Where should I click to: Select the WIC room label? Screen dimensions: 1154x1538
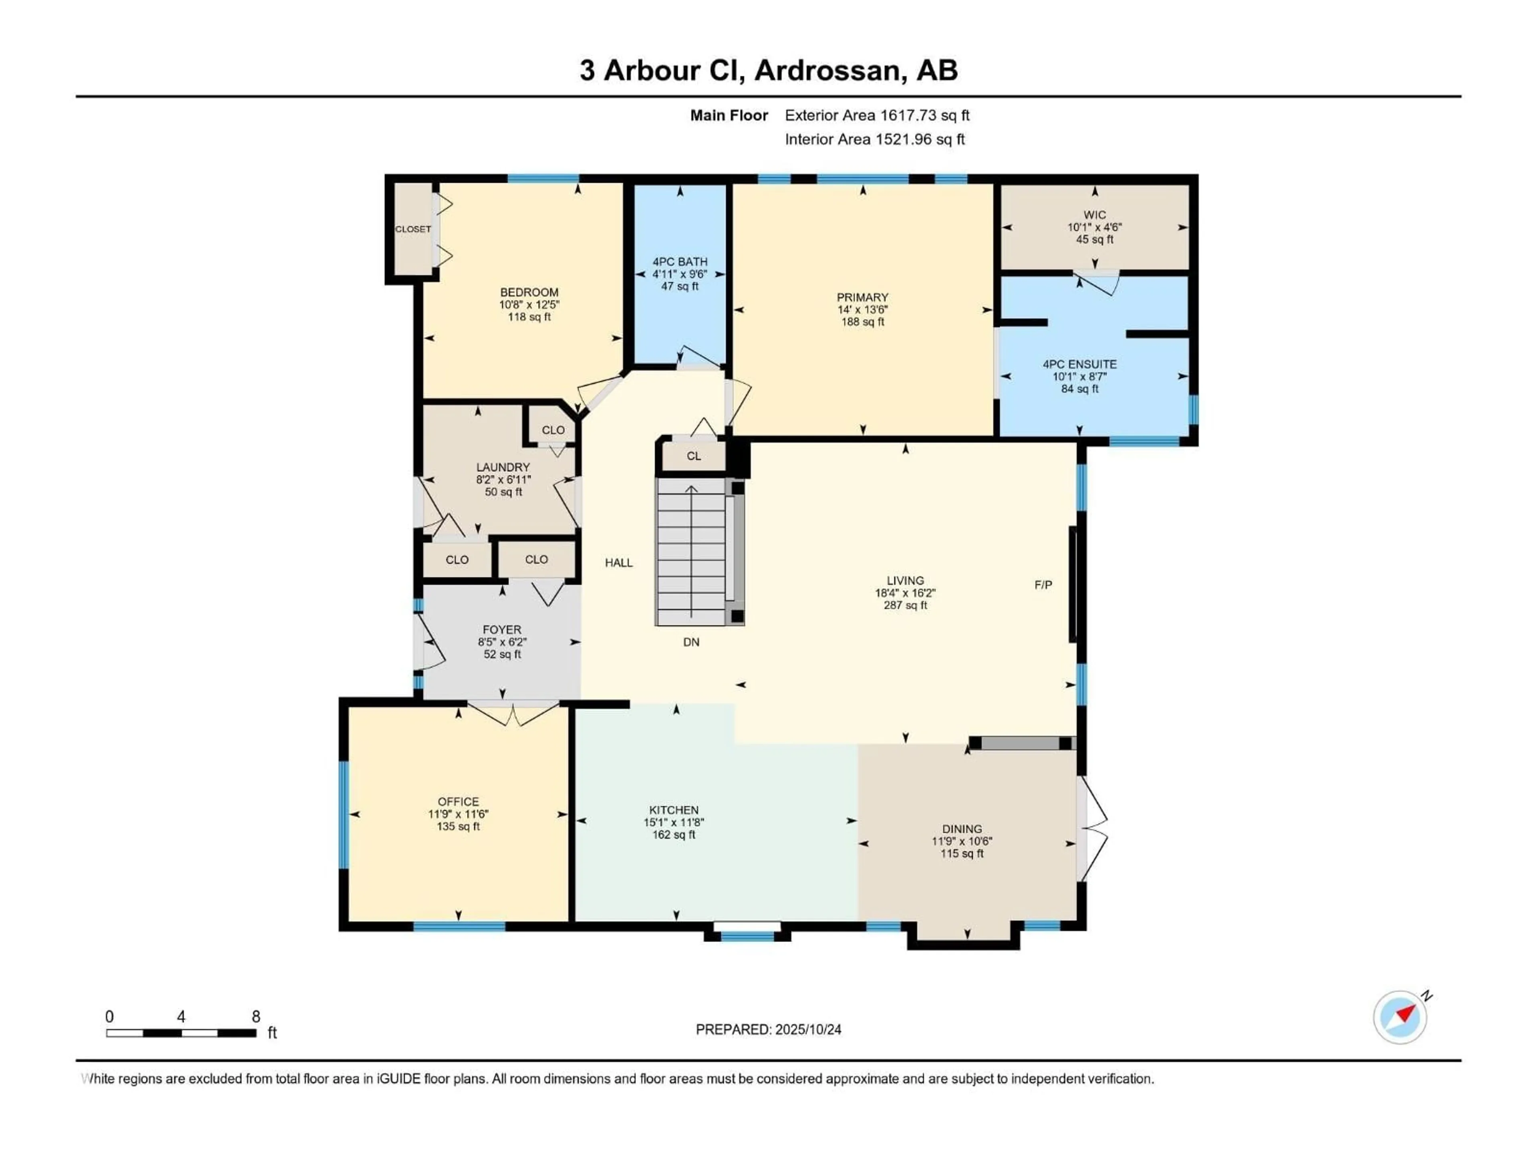[1094, 215]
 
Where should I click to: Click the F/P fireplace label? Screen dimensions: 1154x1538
[1043, 585]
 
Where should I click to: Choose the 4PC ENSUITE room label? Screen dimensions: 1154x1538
[1079, 364]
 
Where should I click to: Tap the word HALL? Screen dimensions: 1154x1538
[618, 563]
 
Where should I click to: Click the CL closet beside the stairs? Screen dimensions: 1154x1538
[693, 456]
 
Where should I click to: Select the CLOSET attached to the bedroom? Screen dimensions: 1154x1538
[413, 229]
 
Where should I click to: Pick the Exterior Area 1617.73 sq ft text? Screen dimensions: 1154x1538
[877, 115]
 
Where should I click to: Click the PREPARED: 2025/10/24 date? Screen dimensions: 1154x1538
[768, 1029]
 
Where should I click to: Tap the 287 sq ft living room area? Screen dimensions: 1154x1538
[905, 605]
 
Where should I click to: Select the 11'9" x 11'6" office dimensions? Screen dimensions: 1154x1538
[458, 814]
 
